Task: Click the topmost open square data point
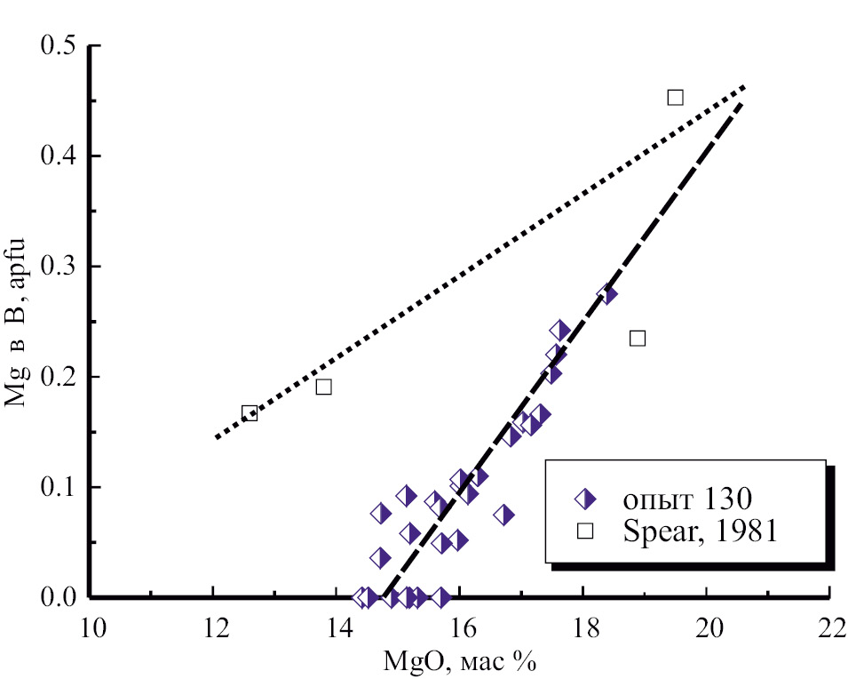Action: click(675, 97)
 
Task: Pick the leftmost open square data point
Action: click(250, 413)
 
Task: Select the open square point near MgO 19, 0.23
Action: click(637, 338)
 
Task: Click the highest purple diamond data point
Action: click(607, 294)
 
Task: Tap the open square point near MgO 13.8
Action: click(323, 387)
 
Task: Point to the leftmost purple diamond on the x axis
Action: click(361, 597)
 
